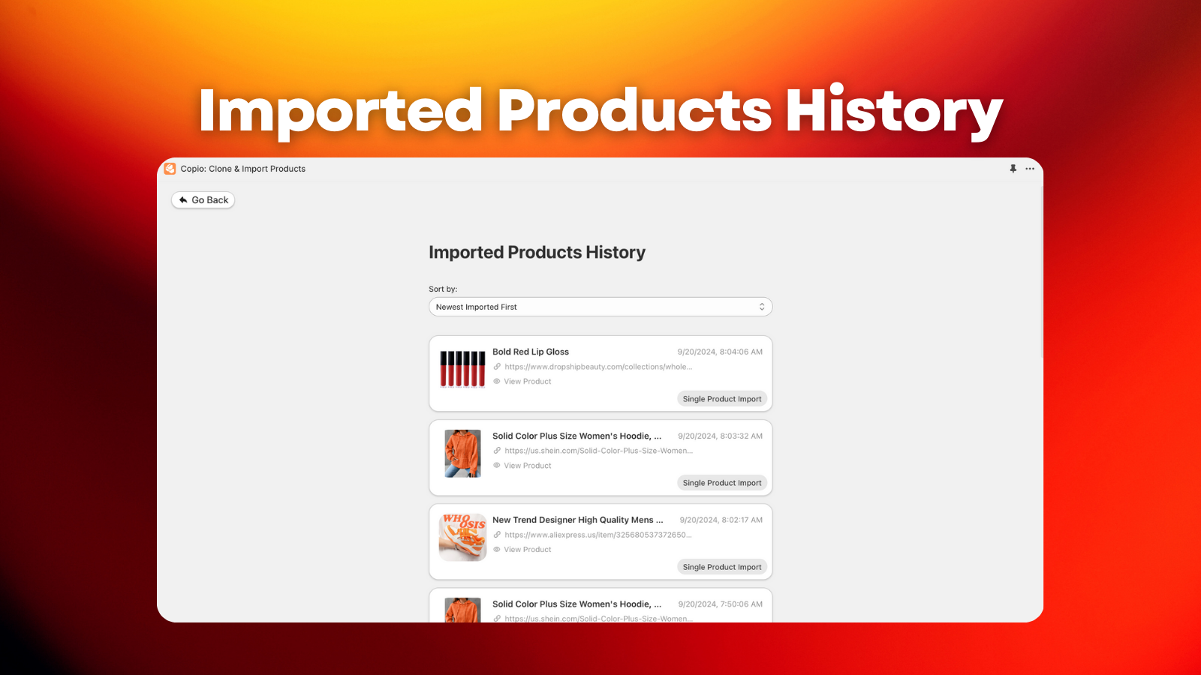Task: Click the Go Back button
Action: pyautogui.click(x=203, y=200)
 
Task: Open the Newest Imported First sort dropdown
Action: pyautogui.click(x=600, y=307)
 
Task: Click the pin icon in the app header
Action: pyautogui.click(x=1013, y=169)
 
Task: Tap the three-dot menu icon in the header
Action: pyautogui.click(x=1030, y=169)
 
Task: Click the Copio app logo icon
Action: pyautogui.click(x=170, y=169)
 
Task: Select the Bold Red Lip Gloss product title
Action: pyautogui.click(x=530, y=352)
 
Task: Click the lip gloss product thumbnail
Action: pyautogui.click(x=462, y=369)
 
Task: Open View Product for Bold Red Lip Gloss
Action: pyautogui.click(x=527, y=382)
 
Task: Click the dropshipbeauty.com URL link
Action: pyautogui.click(x=597, y=367)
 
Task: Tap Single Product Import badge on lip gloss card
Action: pyautogui.click(x=721, y=399)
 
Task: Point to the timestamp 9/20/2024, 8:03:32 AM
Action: pyautogui.click(x=720, y=436)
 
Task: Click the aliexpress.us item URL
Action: pyautogui.click(x=597, y=535)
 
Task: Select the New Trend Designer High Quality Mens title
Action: pyautogui.click(x=577, y=520)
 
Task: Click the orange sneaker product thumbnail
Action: pyautogui.click(x=462, y=537)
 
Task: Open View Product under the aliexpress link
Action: pyautogui.click(x=527, y=550)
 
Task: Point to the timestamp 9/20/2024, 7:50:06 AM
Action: pyautogui.click(x=720, y=604)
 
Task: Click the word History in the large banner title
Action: pyautogui.click(x=893, y=111)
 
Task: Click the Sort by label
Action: pyautogui.click(x=443, y=289)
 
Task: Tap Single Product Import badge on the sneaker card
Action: pyautogui.click(x=721, y=567)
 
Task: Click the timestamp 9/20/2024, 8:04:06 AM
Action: pyautogui.click(x=720, y=352)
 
